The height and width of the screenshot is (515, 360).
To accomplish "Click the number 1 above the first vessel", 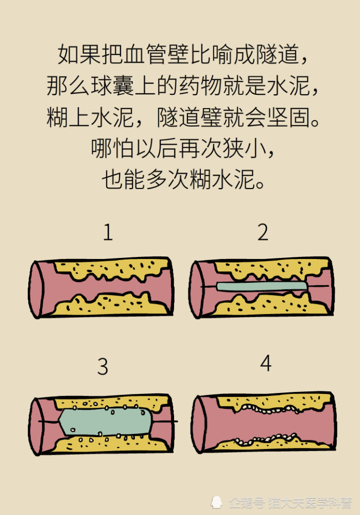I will pos(107,233).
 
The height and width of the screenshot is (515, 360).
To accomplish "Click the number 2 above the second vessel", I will pos(263,233).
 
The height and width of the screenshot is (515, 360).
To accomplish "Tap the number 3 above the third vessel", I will pos(102,367).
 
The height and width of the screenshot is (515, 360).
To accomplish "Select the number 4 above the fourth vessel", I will pos(265,364).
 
